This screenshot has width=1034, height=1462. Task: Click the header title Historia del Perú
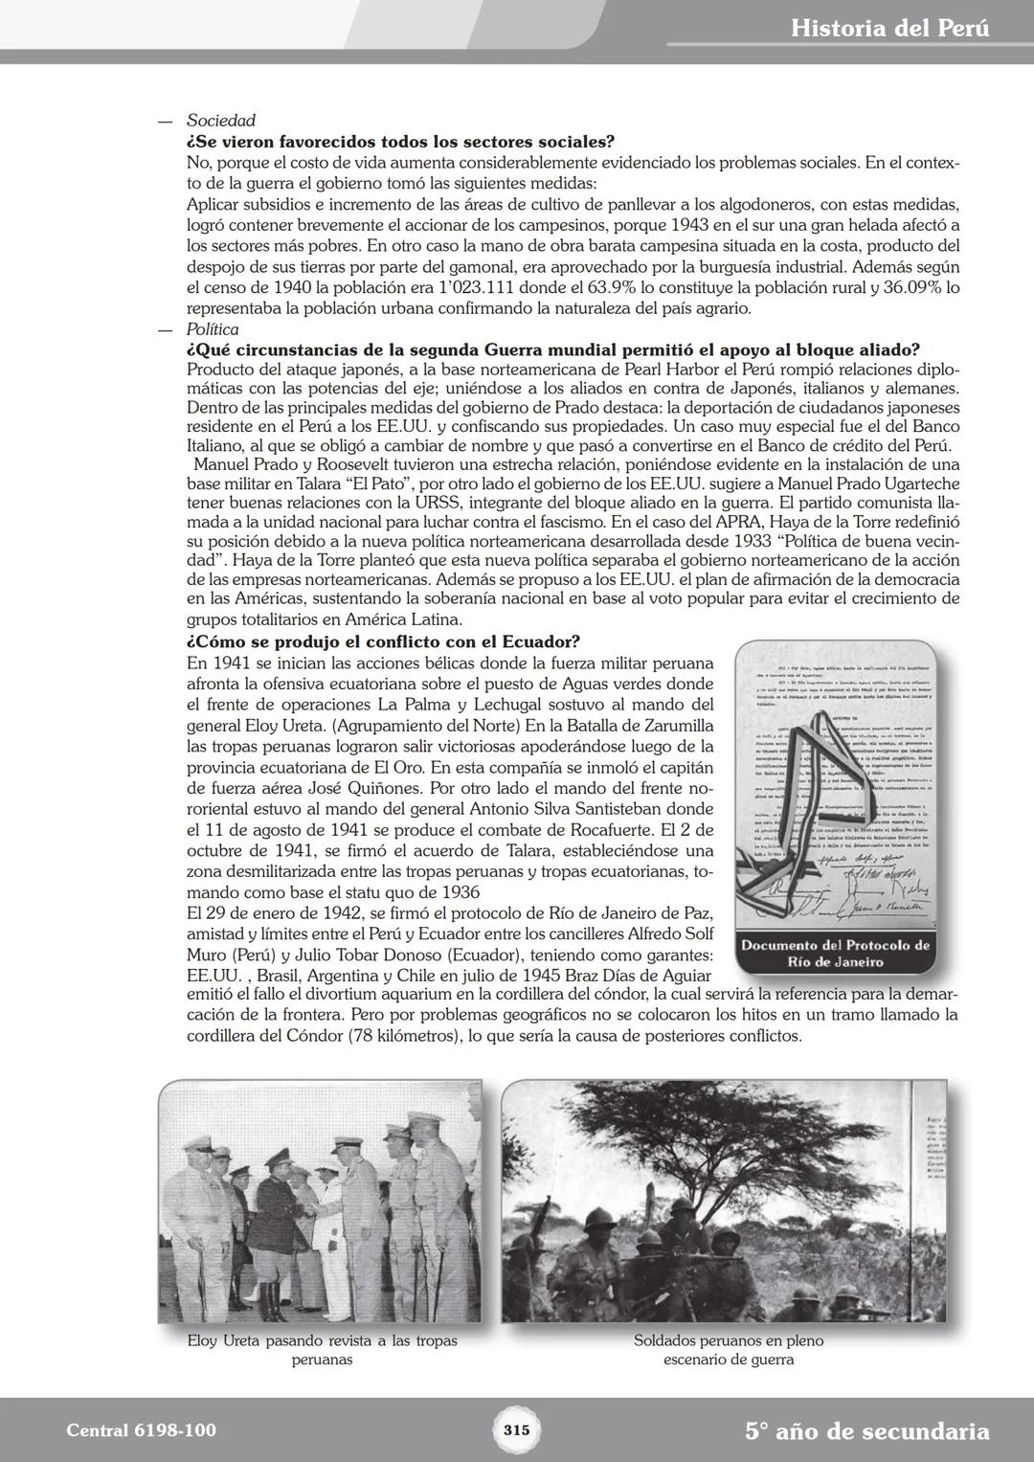tap(889, 29)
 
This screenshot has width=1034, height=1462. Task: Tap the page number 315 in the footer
tap(516, 1430)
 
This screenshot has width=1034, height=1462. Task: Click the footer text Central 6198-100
tap(142, 1430)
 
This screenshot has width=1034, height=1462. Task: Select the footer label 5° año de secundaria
tap(866, 1431)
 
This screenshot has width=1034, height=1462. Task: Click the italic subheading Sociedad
tap(221, 121)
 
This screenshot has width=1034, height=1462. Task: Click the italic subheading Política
tap(213, 329)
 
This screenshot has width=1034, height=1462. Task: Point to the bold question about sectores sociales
tap(400, 142)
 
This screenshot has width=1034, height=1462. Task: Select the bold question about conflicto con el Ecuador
tap(383, 641)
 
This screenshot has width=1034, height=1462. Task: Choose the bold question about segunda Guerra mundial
tap(553, 349)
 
